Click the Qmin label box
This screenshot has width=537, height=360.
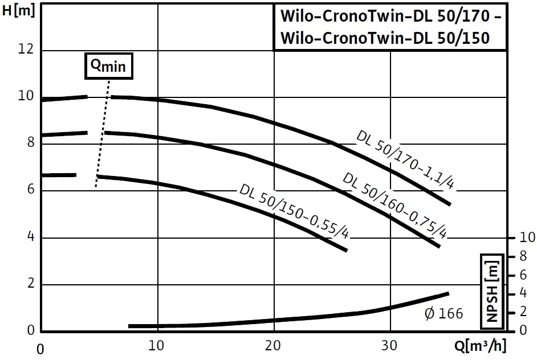(109, 67)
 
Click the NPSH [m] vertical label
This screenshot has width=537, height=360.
(491, 290)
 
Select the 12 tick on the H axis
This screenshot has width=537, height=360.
(26, 50)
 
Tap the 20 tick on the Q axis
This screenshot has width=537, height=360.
(274, 346)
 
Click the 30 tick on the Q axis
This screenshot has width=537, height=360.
(390, 346)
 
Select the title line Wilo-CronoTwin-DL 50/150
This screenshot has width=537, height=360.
(385, 38)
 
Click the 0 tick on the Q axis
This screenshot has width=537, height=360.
(40, 347)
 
